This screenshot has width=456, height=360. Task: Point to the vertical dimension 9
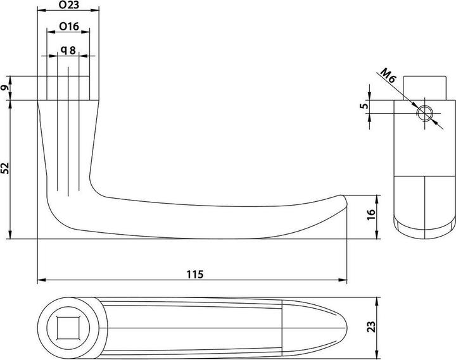[x=6, y=89]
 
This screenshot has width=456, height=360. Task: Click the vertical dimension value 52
[x=6, y=168]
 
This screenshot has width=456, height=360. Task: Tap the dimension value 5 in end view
[x=364, y=106]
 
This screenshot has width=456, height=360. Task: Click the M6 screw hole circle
[x=424, y=113]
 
